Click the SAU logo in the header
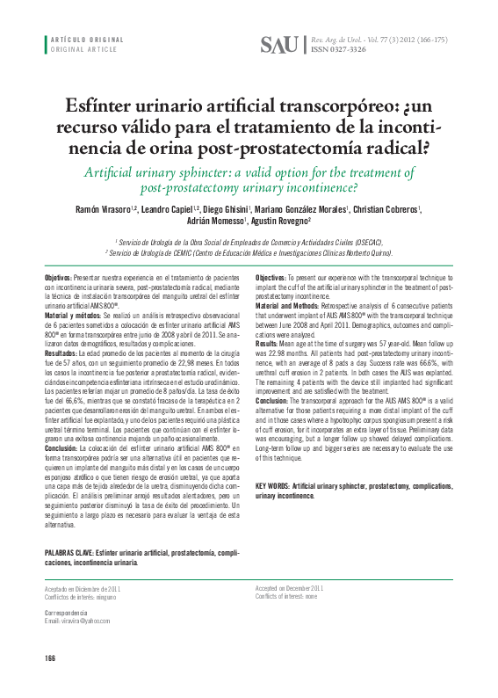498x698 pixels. (279, 45)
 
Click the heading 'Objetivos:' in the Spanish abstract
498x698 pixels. (59, 278)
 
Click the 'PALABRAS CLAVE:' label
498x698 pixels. (69, 552)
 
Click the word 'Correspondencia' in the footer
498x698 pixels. (66, 612)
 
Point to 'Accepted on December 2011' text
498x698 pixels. (289, 587)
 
